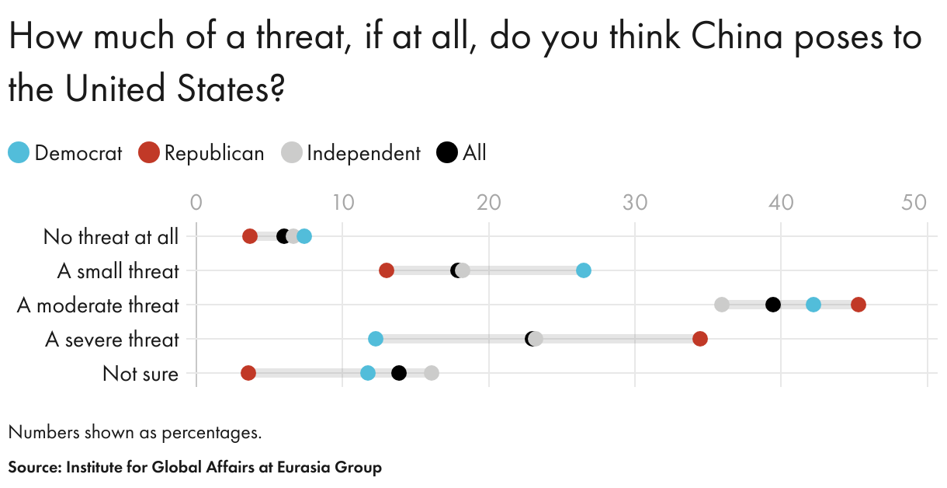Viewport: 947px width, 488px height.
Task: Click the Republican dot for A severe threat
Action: click(700, 339)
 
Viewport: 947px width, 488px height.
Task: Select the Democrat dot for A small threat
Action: click(584, 270)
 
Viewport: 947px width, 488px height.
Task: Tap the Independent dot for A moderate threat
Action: click(722, 305)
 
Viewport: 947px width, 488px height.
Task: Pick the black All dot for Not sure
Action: click(399, 373)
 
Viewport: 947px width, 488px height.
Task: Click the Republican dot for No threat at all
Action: click(250, 236)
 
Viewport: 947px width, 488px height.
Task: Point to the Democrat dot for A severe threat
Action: click(376, 339)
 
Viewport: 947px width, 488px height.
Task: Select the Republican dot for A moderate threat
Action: click(858, 305)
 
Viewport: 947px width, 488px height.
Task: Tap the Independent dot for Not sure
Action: click(432, 373)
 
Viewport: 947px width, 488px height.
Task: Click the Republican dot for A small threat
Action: click(387, 270)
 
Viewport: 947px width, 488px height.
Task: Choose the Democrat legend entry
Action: click(65, 153)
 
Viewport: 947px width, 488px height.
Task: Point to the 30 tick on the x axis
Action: click(635, 203)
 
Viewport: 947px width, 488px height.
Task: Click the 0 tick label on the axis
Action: click(196, 203)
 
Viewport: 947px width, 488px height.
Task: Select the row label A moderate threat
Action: click(98, 305)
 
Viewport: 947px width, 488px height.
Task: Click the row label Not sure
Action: click(140, 374)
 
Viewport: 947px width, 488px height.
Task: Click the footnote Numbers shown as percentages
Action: click(135, 432)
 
